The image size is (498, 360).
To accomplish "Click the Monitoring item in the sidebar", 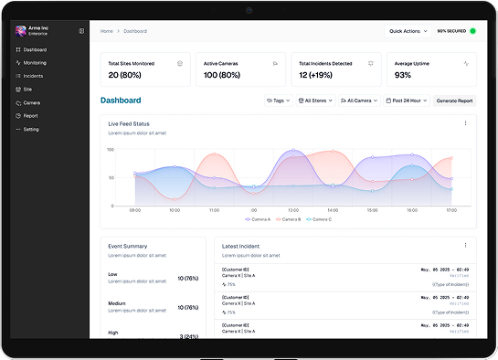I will (x=36, y=62).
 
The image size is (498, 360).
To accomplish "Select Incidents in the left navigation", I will (x=33, y=76).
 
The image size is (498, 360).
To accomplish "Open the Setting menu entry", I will (x=31, y=129).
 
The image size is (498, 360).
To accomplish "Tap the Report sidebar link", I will (x=31, y=116).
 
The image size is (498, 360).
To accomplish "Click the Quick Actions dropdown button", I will (x=408, y=31).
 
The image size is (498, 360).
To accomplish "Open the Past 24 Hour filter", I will (x=406, y=101).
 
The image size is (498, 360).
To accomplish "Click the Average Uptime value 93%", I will (x=403, y=75).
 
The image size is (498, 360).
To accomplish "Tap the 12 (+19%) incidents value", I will (x=317, y=75).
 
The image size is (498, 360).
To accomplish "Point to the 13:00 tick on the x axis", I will (x=292, y=210).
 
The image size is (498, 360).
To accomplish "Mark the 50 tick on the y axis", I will (x=111, y=176).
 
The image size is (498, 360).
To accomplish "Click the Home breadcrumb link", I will (x=107, y=31).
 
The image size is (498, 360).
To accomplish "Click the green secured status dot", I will (x=472, y=31).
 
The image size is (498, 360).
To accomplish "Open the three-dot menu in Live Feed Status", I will (x=465, y=123).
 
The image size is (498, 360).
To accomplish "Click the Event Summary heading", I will (x=128, y=245).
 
